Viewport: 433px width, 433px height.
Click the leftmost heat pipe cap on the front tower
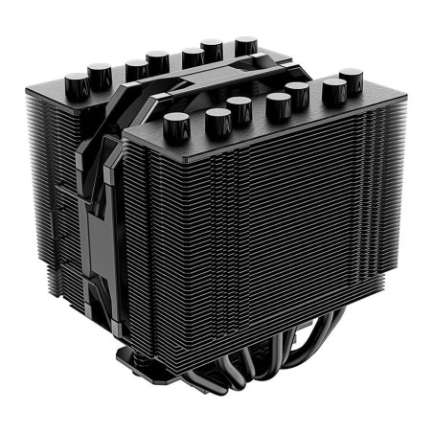point(176,123)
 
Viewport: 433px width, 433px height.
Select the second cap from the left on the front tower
point(216,120)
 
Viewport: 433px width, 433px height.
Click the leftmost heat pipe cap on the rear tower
point(74,79)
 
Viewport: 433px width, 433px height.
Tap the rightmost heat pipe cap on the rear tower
point(245,45)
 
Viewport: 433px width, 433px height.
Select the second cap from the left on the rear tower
point(99,73)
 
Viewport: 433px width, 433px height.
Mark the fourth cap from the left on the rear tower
point(157,61)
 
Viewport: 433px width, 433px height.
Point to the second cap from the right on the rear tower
point(212,49)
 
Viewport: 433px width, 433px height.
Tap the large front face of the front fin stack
point(287,239)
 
